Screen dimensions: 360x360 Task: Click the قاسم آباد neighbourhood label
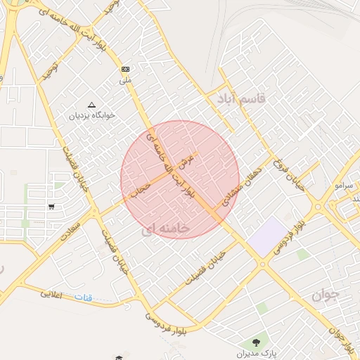click(x=241, y=98)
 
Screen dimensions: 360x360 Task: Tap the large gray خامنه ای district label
click(x=166, y=229)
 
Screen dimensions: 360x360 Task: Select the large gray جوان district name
click(x=324, y=295)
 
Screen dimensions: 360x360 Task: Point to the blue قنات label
click(x=84, y=298)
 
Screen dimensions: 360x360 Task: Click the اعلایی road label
click(x=51, y=294)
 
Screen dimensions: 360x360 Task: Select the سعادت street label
click(x=72, y=233)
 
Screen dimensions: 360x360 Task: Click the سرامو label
click(x=344, y=186)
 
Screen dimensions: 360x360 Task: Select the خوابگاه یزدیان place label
click(x=91, y=114)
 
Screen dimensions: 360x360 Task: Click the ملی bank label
click(x=126, y=79)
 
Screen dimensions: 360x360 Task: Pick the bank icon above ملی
click(x=125, y=69)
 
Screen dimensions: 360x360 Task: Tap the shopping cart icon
click(x=52, y=206)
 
